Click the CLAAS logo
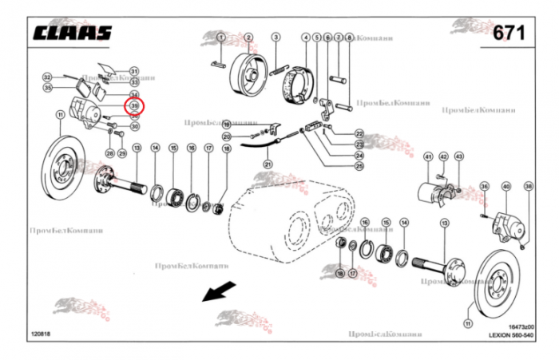point(73,33)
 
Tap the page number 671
point(509,33)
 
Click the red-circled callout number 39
point(134,105)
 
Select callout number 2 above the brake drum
point(248,38)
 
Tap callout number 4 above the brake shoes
point(306,38)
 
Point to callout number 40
point(505,187)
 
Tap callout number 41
point(428,156)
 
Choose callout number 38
point(528,187)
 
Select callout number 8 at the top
point(350,38)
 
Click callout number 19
point(227,125)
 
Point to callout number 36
point(483,187)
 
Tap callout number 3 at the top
point(276,38)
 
